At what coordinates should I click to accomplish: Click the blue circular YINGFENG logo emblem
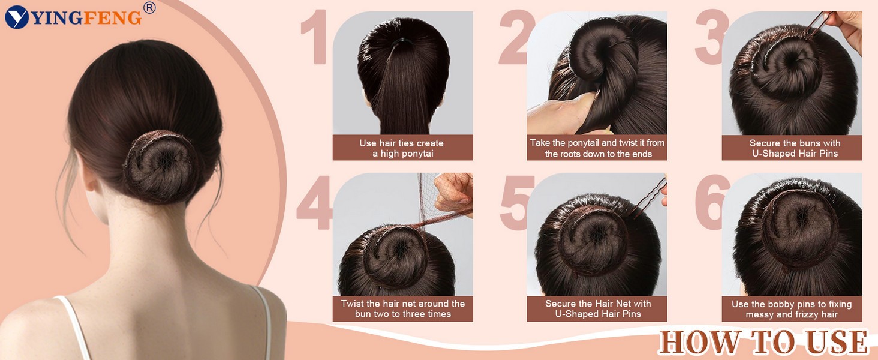coord(16,17)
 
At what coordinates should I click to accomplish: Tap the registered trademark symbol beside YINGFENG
coord(149,7)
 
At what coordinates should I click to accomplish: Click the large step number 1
coord(316,37)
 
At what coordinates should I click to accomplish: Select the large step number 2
coord(514,37)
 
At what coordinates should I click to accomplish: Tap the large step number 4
coord(315,202)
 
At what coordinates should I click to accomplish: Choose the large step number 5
coord(515,202)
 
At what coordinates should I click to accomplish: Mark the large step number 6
coord(710,202)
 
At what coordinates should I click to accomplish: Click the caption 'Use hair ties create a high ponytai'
coord(402,148)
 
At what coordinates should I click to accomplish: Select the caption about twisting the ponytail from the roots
coord(597,148)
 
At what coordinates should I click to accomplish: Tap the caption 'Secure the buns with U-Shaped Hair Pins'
coord(795,148)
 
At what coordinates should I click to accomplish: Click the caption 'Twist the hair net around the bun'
coord(402,308)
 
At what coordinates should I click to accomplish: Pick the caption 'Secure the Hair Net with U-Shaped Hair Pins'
coord(597,308)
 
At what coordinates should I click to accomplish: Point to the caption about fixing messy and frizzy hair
coord(792,310)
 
